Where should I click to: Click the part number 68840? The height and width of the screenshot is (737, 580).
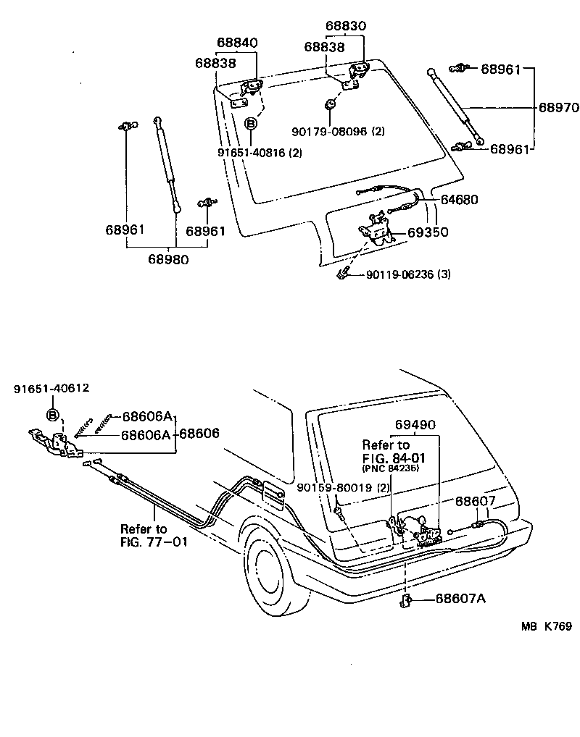[236, 43]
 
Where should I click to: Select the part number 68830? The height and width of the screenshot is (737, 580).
[345, 26]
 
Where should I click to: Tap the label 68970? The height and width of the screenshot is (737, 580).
[558, 108]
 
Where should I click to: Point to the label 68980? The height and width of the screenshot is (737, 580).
[168, 258]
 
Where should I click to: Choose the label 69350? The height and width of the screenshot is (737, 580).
[428, 233]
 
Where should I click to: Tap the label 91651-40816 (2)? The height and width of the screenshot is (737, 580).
[259, 153]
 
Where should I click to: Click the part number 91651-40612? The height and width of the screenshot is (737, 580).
[51, 388]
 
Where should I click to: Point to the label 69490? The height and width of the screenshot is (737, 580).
[415, 425]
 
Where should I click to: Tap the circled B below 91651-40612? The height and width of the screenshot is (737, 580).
[52, 415]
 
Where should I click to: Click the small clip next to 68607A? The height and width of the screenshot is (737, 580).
[407, 599]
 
